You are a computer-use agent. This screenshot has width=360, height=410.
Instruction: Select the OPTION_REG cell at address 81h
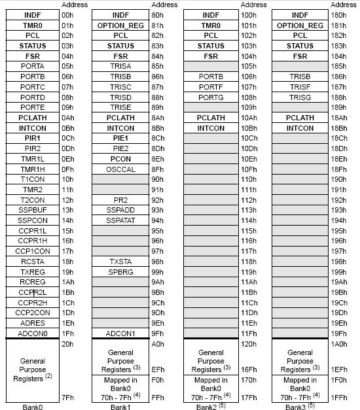point(120,25)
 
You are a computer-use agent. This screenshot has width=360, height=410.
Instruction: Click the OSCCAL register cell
point(120,168)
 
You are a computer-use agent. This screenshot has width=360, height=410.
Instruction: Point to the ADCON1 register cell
point(120,332)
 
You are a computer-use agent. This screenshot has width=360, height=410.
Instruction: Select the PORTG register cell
point(211,97)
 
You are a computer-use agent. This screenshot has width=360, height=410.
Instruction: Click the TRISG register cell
point(300,97)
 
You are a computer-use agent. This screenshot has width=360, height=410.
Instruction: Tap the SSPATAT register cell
point(120,220)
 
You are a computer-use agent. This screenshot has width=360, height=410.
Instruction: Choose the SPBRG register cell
point(120,271)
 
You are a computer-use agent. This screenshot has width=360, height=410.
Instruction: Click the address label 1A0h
point(338,343)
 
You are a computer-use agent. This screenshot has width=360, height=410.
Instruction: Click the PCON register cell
point(120,158)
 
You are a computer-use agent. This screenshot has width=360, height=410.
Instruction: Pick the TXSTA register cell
point(120,260)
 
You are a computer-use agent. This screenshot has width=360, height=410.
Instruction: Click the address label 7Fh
point(66,397)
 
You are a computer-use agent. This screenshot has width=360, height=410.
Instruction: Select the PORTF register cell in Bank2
point(211,86)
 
